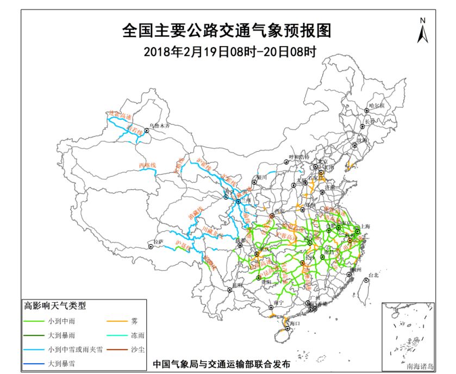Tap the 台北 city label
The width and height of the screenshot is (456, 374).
click(x=373, y=276)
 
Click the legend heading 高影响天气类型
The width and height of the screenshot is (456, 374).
click(x=54, y=307)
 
